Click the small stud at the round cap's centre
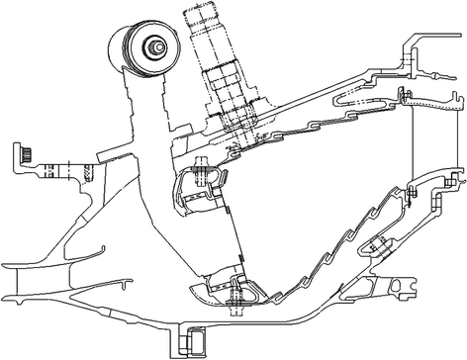click(x=156, y=45)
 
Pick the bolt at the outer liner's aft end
click(x=403, y=94)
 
